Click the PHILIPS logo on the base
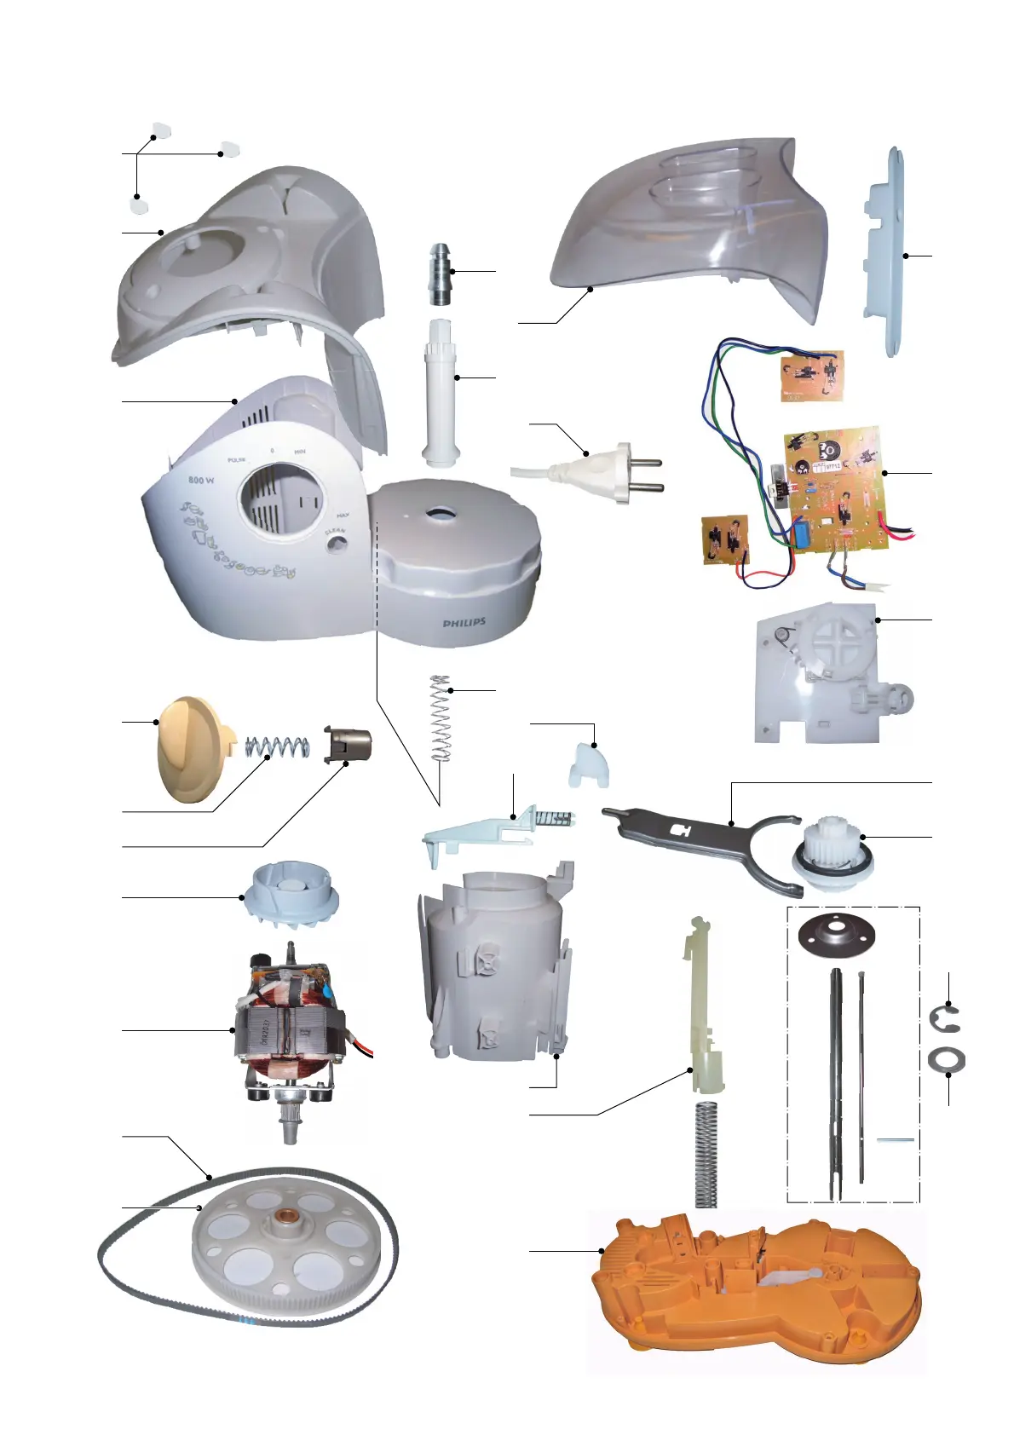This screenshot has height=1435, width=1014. click(464, 623)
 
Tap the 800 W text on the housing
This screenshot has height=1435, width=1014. click(201, 481)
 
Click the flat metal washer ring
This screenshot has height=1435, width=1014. click(946, 1062)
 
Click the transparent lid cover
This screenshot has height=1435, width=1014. click(690, 222)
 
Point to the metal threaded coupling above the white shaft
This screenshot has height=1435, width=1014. click(441, 274)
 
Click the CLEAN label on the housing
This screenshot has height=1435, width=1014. click(335, 533)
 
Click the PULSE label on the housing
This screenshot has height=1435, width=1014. click(237, 460)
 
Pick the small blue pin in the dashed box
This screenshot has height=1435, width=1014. click(896, 1139)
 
